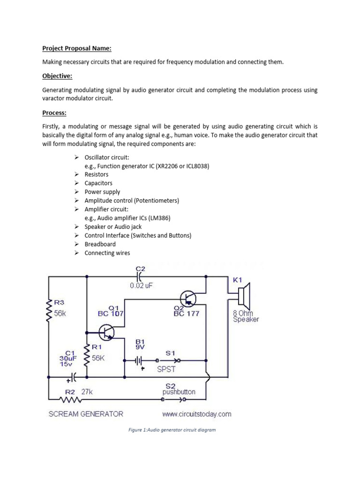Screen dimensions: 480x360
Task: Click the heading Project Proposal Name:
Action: (77, 48)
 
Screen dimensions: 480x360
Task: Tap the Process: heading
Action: (54, 113)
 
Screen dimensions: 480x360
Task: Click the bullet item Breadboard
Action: (100, 244)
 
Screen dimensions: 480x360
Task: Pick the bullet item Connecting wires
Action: (107, 253)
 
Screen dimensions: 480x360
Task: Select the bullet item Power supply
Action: (102, 192)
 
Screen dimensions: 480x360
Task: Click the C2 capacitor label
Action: (141, 269)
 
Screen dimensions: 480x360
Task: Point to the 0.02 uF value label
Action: (142, 285)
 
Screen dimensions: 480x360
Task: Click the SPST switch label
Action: (166, 369)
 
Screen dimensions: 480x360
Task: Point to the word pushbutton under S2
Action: (179, 391)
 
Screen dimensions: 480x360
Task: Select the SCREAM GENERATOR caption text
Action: (86, 414)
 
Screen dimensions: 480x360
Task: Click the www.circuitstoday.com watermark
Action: (197, 414)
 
